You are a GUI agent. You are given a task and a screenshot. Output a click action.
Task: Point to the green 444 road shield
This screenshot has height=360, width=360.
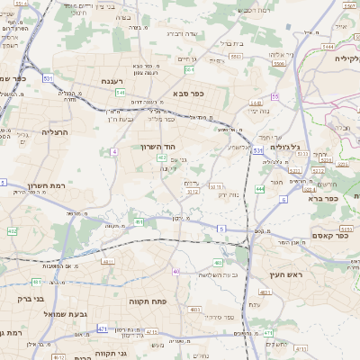pyautogui.click(x=259, y=189)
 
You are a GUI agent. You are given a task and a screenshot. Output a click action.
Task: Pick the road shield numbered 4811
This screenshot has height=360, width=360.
pyautogui.click(x=108, y=262)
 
